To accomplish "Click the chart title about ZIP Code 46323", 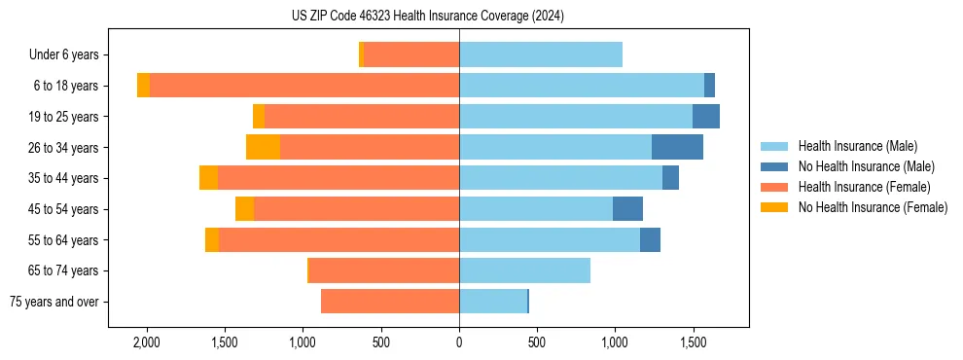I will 428,17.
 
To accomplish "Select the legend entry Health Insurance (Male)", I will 857,146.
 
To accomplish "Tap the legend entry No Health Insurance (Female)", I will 873,207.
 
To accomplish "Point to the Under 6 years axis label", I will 64,55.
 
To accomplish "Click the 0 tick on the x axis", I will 459,342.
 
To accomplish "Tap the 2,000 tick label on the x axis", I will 147,342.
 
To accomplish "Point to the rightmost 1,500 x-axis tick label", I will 693,342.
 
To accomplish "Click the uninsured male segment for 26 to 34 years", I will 677,147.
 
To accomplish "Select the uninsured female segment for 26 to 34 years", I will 263,147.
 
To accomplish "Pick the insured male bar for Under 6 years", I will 541,54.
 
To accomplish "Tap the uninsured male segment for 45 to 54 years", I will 627,209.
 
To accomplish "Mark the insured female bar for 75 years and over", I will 390,302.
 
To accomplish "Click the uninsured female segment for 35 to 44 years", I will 208,178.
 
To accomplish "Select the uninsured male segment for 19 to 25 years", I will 706,117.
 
